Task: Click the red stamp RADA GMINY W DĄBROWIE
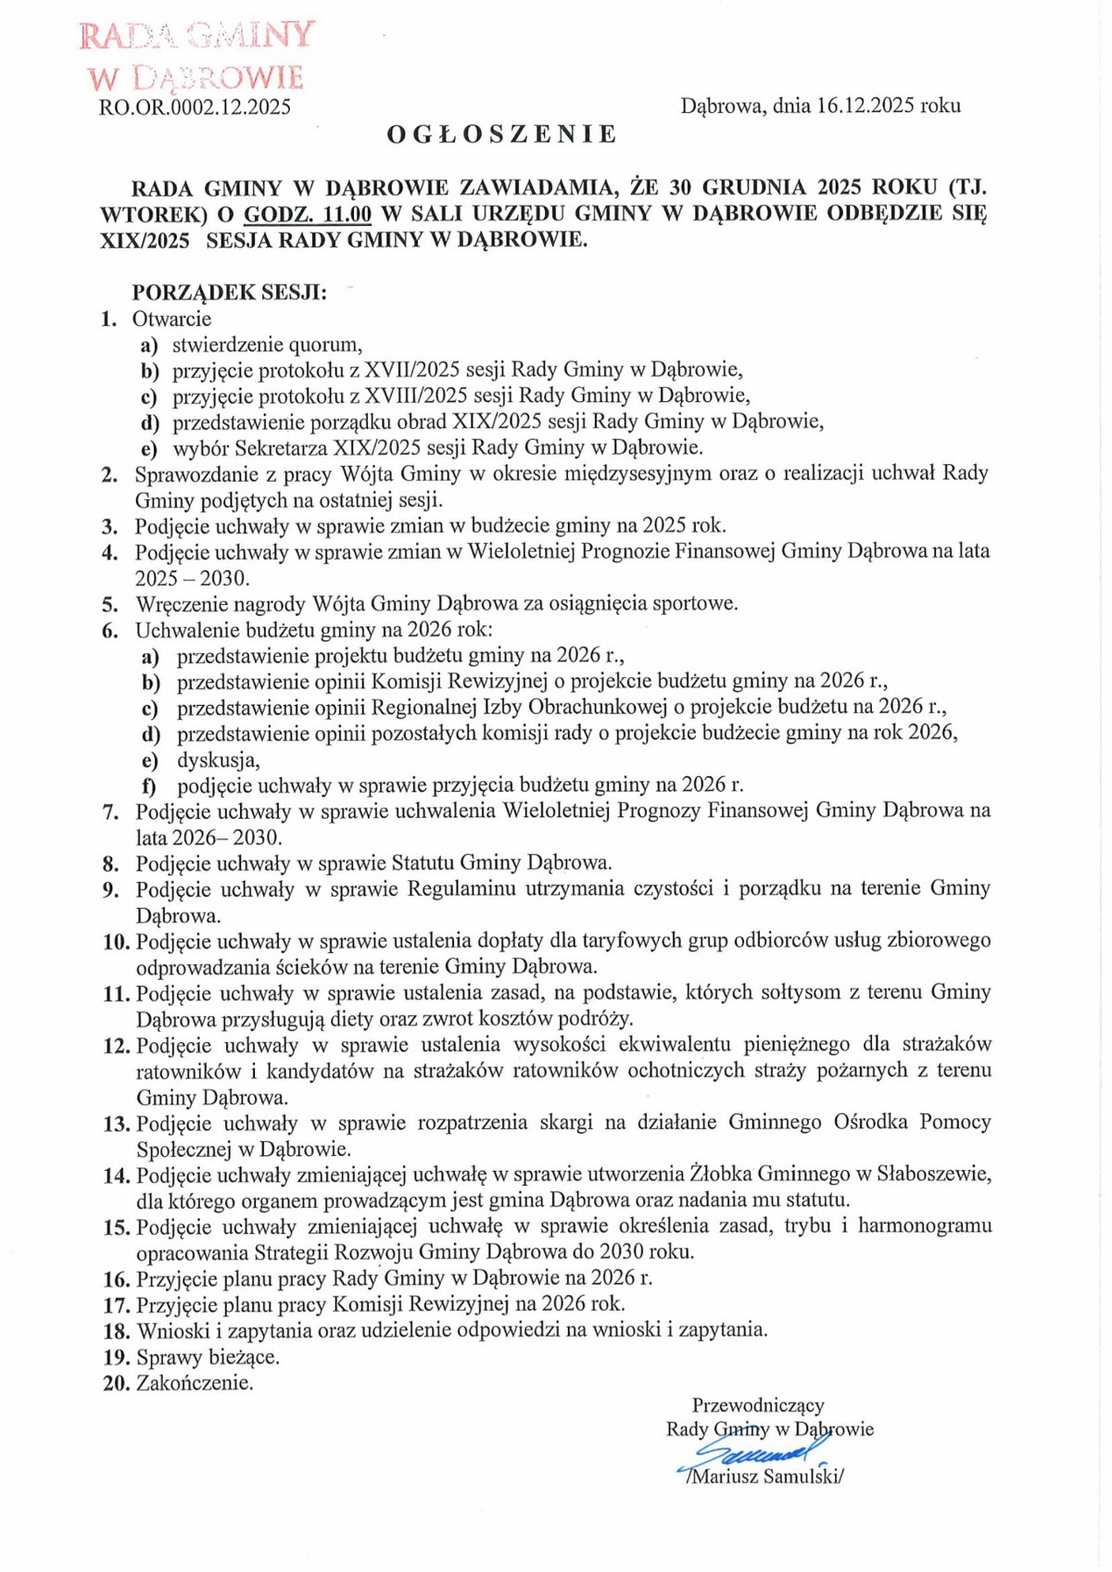tap(196, 56)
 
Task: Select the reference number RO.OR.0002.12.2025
tap(195, 107)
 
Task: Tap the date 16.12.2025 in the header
tap(866, 106)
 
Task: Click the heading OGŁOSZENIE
tap(501, 135)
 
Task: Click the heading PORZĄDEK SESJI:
tap(229, 293)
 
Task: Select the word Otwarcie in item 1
tap(172, 320)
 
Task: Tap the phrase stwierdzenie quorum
tap(266, 346)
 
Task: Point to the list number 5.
tap(109, 605)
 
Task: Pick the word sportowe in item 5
tap(695, 604)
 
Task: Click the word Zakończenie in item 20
tap(195, 1384)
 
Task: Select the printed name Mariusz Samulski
tap(765, 1477)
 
